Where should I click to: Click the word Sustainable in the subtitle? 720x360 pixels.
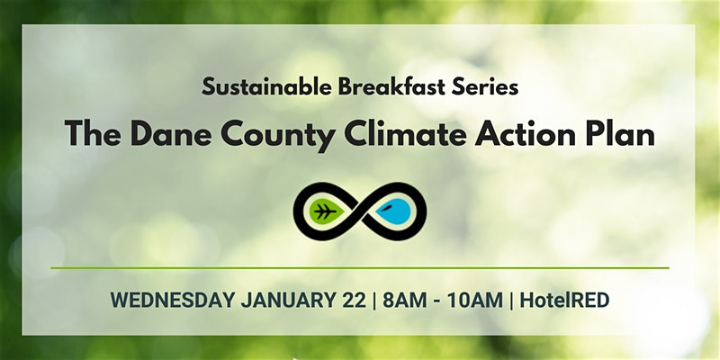click(266, 86)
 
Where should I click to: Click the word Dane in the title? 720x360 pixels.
click(171, 134)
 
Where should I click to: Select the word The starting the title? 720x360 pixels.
click(94, 134)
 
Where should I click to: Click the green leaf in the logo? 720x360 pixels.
click(327, 211)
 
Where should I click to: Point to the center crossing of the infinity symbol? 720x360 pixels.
click(360, 211)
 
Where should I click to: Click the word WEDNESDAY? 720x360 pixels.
click(173, 301)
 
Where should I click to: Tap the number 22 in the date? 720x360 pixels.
click(354, 301)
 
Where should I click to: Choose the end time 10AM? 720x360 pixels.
click(475, 301)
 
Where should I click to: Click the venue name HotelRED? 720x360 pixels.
click(564, 301)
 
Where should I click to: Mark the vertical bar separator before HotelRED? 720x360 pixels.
click(511, 301)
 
